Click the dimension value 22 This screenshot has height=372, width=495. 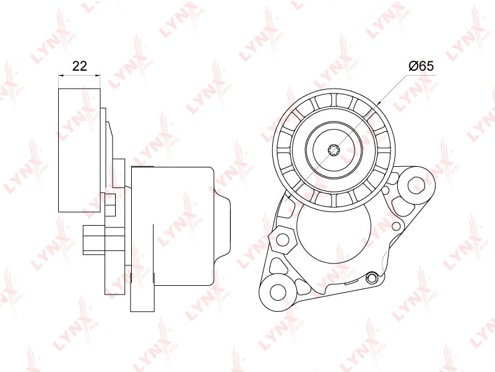[x=79, y=66]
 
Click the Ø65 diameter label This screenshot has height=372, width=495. [x=421, y=66]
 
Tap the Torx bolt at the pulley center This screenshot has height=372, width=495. [x=333, y=150]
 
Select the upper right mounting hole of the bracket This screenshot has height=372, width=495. [x=417, y=185]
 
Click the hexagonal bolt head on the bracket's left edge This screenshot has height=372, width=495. [x=282, y=239]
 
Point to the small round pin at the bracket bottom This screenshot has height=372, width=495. [x=372, y=278]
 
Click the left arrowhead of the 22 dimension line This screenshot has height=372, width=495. [x=61, y=75]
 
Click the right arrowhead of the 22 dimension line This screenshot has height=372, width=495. [x=98, y=75]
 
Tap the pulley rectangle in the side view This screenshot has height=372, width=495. [x=80, y=150]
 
